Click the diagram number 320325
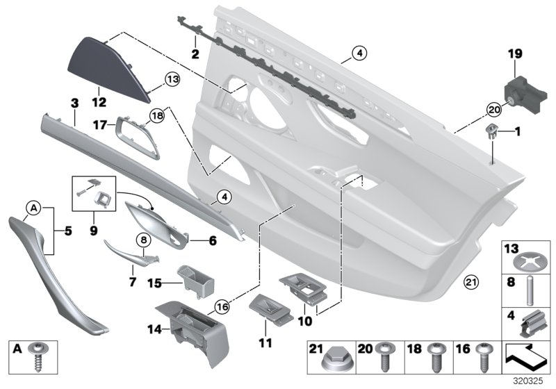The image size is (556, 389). pos(533,381)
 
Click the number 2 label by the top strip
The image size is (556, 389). pos(195,52)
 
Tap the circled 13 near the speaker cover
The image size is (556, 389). pos(172,79)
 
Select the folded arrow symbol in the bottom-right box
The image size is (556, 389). pos(526,361)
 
